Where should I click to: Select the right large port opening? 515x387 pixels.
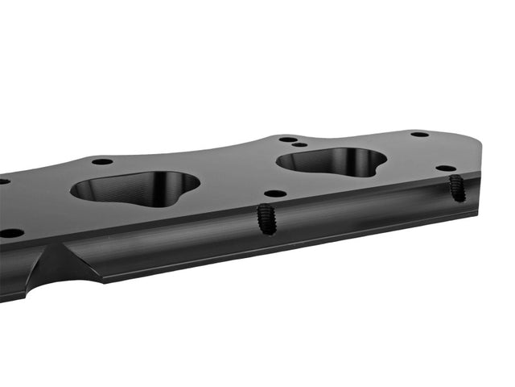pos(330,162)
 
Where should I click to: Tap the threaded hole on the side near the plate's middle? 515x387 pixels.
pos(266,219)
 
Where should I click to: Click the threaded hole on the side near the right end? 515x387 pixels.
pos(456,188)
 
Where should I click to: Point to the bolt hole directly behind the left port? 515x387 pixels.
pos(102,161)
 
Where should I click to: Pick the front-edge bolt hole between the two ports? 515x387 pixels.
pos(275,193)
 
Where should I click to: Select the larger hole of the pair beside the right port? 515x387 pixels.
pos(287,139)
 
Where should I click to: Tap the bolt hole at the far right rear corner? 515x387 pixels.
pos(419,134)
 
